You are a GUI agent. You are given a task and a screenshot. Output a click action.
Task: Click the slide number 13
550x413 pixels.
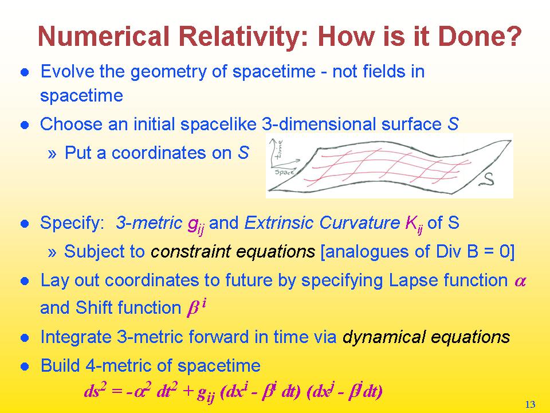pyautogui.click(x=530, y=404)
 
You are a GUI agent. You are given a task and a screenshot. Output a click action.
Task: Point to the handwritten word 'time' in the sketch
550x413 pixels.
pyautogui.click(x=279, y=149)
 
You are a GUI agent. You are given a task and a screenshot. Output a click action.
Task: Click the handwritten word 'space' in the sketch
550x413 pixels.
pyautogui.click(x=284, y=172)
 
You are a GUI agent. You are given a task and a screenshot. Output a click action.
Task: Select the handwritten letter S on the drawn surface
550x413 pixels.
pyautogui.click(x=487, y=179)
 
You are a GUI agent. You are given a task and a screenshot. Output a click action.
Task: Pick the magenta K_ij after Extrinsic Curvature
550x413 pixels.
pyautogui.click(x=414, y=224)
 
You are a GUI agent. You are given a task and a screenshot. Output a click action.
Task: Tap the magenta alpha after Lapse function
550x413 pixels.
pyautogui.click(x=520, y=281)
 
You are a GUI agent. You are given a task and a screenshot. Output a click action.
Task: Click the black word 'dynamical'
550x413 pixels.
pyautogui.click(x=384, y=337)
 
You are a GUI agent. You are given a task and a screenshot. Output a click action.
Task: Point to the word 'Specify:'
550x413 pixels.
pyautogui.click(x=72, y=223)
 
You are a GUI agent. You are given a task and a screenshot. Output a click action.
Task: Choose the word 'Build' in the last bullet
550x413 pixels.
pyautogui.click(x=60, y=365)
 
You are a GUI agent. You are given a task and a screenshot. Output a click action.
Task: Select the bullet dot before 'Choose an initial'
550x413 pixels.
pyautogui.click(x=25, y=126)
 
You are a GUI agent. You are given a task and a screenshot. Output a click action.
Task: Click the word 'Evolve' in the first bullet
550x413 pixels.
pyautogui.click(x=68, y=71)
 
